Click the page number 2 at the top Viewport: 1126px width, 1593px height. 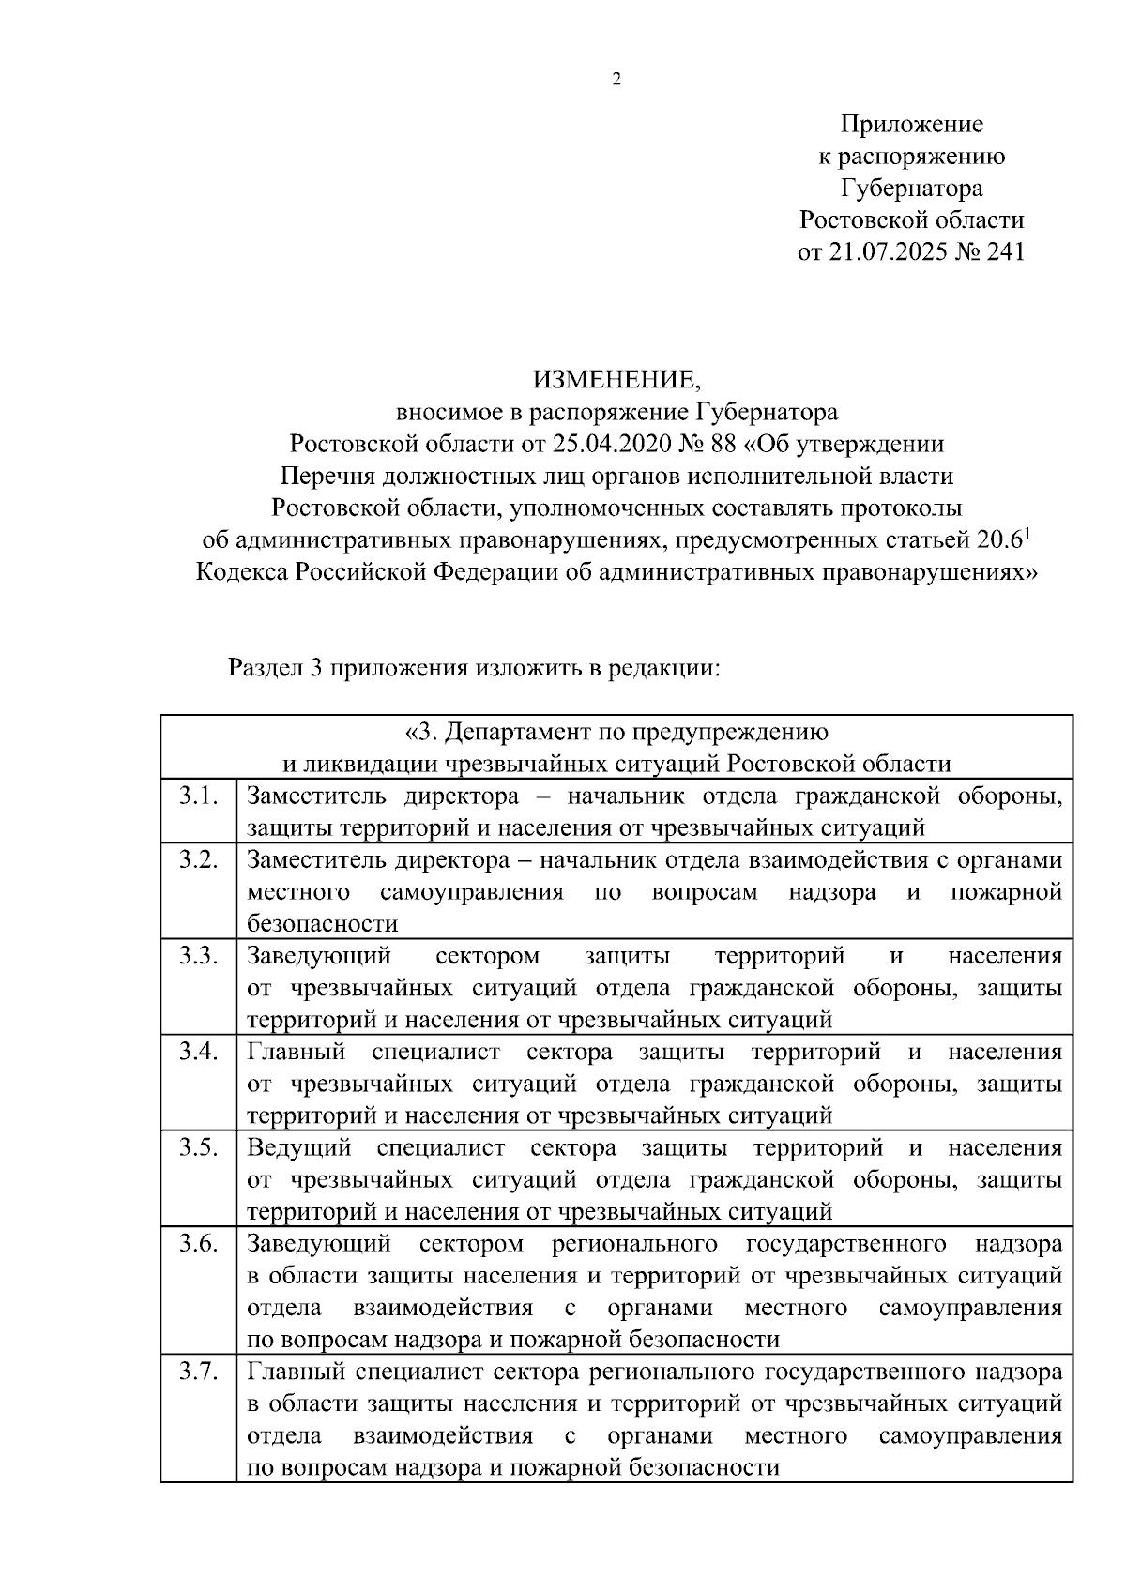tap(616, 80)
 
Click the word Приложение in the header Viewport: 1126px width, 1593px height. tap(911, 124)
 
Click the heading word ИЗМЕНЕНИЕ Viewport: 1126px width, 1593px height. tap(616, 380)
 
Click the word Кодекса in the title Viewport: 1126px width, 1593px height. tap(242, 572)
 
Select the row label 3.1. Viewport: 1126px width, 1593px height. tap(198, 796)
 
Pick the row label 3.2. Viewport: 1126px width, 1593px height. tap(198, 860)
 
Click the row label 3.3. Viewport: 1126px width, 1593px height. tap(198, 956)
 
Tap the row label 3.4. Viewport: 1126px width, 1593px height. tap(198, 1052)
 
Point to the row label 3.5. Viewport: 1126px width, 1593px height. tap(198, 1147)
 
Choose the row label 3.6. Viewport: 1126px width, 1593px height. tap(198, 1243)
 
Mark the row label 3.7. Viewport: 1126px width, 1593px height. tap(198, 1372)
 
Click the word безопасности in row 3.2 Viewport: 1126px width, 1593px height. tap(323, 924)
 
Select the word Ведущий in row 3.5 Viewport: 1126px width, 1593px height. tap(299, 1147)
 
